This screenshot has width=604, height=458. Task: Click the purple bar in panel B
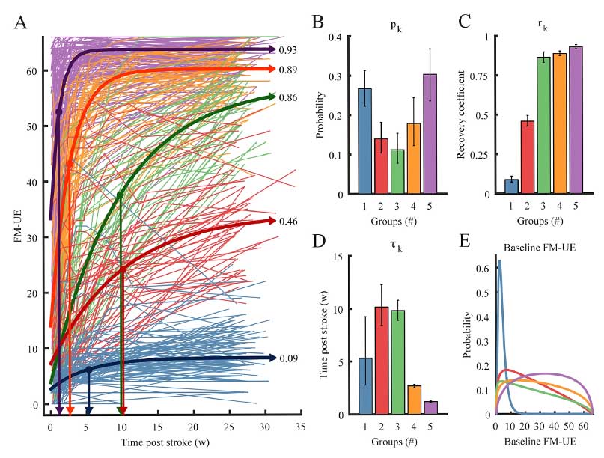click(430, 134)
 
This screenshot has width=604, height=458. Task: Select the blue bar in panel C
click(511, 186)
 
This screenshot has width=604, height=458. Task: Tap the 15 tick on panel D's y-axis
click(337, 257)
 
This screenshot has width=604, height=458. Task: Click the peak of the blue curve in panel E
click(499, 261)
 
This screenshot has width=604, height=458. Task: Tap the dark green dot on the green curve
click(121, 195)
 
